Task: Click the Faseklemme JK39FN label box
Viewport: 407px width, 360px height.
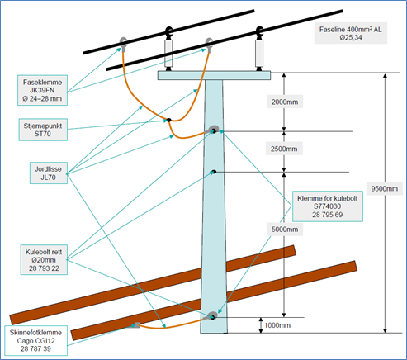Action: pos(42,90)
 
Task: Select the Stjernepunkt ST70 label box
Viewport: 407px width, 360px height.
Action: pos(43,130)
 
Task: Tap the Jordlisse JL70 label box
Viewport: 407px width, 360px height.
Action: pos(49,173)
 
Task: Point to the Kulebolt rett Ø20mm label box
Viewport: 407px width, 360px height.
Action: pos(44,260)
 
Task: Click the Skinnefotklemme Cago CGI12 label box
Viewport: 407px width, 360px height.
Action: pos(35,341)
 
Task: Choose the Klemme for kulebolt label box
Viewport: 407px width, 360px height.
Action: pos(328,206)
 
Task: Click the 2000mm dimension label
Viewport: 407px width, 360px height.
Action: pos(285,102)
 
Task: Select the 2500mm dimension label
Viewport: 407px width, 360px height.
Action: pos(284,149)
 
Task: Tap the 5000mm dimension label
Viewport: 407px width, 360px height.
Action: pos(285,230)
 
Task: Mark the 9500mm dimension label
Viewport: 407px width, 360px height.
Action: pos(385,189)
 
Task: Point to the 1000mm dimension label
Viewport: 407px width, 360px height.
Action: pos(277,325)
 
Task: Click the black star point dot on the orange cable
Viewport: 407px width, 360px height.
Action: pos(169,120)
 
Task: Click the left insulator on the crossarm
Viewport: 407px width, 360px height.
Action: pos(168,49)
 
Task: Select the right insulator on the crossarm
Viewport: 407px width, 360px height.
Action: pos(259,49)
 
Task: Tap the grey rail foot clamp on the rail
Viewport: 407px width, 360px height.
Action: pos(136,325)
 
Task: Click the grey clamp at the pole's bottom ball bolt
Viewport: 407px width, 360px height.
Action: pos(211,316)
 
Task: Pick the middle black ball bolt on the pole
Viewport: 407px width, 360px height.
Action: pos(214,172)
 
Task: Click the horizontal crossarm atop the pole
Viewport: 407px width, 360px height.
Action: pos(214,75)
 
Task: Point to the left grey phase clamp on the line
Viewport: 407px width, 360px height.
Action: pos(123,44)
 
